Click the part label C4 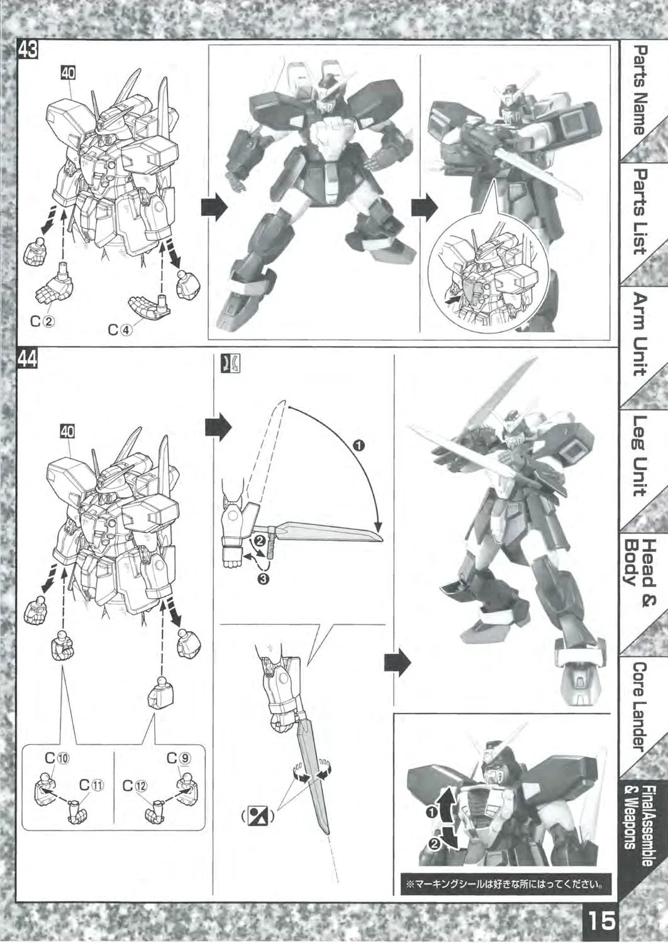(120, 329)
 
